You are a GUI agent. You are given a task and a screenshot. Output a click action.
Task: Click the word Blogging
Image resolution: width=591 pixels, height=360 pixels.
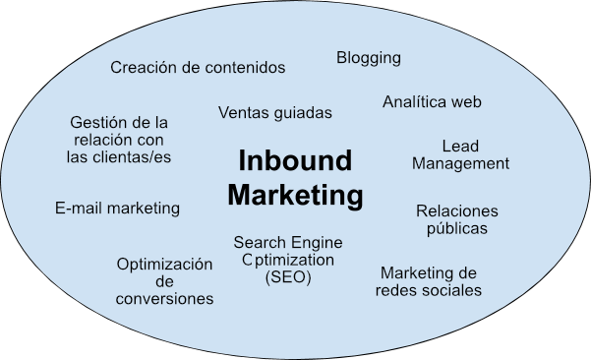tap(369, 58)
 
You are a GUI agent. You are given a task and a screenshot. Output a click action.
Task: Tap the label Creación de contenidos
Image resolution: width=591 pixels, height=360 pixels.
tap(198, 68)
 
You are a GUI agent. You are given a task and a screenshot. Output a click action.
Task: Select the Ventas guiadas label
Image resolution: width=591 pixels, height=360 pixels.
tap(275, 113)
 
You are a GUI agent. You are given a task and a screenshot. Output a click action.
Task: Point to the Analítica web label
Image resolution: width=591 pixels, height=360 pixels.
tap(432, 102)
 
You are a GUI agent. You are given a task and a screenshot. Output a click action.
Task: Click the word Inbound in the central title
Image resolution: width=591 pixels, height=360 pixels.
tap(294, 160)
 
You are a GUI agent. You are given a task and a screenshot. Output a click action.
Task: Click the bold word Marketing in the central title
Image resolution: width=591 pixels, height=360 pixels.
tap(294, 195)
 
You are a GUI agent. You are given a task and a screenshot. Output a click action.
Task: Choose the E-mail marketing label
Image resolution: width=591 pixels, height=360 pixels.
tap(117, 209)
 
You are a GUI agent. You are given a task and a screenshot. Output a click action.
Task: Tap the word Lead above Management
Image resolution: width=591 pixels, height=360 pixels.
tap(460, 147)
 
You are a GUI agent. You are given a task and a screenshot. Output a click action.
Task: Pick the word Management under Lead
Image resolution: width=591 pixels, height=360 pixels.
tap(460, 164)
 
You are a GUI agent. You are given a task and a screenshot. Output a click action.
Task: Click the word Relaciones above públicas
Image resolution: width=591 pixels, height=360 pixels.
tap(457, 211)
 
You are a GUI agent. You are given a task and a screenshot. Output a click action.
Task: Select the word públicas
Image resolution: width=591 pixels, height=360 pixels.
tap(457, 229)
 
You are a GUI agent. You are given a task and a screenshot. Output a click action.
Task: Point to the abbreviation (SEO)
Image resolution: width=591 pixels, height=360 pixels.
tap(288, 277)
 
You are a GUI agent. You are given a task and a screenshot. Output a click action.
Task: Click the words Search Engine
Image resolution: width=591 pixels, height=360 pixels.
tap(288, 242)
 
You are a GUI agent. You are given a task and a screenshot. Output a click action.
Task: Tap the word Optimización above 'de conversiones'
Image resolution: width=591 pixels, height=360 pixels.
tap(164, 265)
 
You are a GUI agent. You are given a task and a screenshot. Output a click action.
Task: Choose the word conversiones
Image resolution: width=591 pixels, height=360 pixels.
tap(164, 299)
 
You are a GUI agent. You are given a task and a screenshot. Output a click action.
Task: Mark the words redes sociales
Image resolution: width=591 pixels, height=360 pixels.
tap(429, 290)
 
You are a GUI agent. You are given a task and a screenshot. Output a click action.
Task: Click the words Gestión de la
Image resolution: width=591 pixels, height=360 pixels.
tap(119, 123)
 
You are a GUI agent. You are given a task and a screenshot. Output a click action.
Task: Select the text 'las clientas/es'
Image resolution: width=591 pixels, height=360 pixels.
tap(119, 157)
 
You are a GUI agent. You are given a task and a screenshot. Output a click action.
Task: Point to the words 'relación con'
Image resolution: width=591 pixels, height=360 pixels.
tap(119, 141)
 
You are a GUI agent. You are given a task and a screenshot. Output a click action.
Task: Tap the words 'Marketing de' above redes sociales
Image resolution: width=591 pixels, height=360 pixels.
tap(429, 272)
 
